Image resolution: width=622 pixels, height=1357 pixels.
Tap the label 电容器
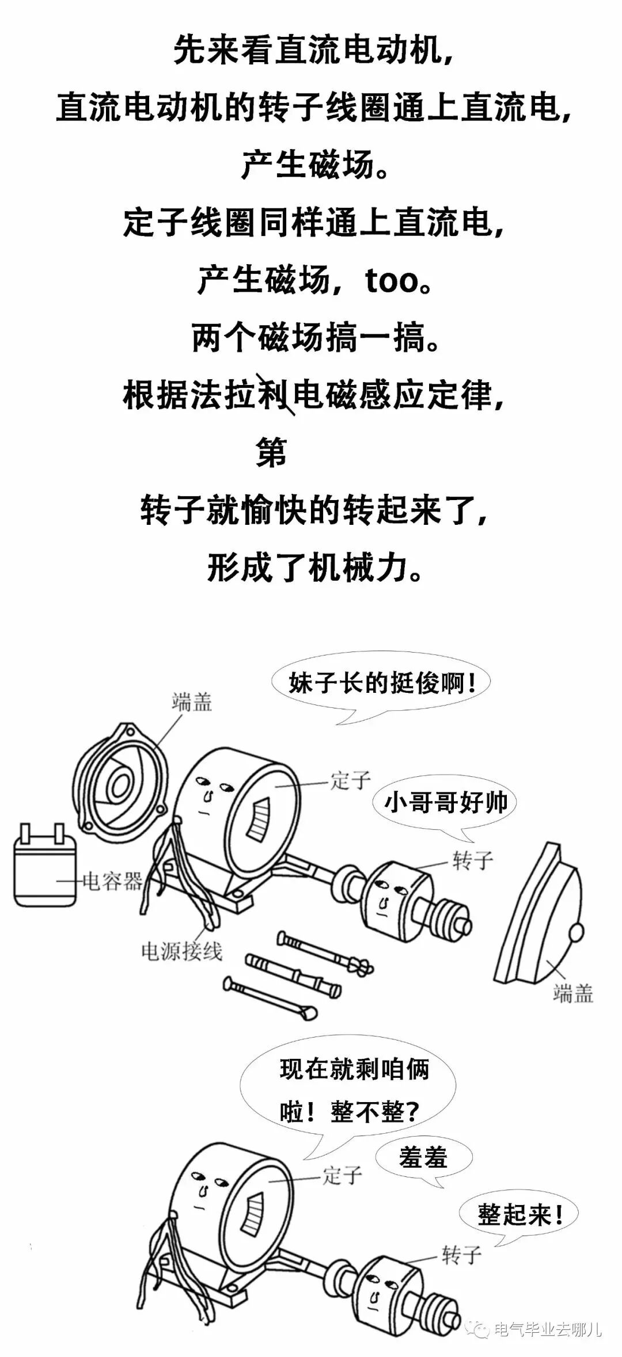pyautogui.click(x=112, y=881)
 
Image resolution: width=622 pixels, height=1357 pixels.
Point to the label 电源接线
pyautogui.click(x=181, y=951)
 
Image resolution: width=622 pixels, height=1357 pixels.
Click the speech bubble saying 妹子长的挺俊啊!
pyautogui.click(x=381, y=683)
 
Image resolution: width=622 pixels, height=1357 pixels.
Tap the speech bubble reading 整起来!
pyautogui.click(x=519, y=1215)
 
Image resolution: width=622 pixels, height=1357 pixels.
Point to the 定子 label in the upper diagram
pyautogui.click(x=350, y=780)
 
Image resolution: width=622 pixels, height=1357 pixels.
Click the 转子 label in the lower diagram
pyautogui.click(x=461, y=1255)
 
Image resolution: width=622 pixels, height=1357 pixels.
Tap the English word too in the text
pyautogui.click(x=391, y=281)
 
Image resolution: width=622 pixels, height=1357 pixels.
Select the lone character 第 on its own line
pyautogui.click(x=271, y=453)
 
